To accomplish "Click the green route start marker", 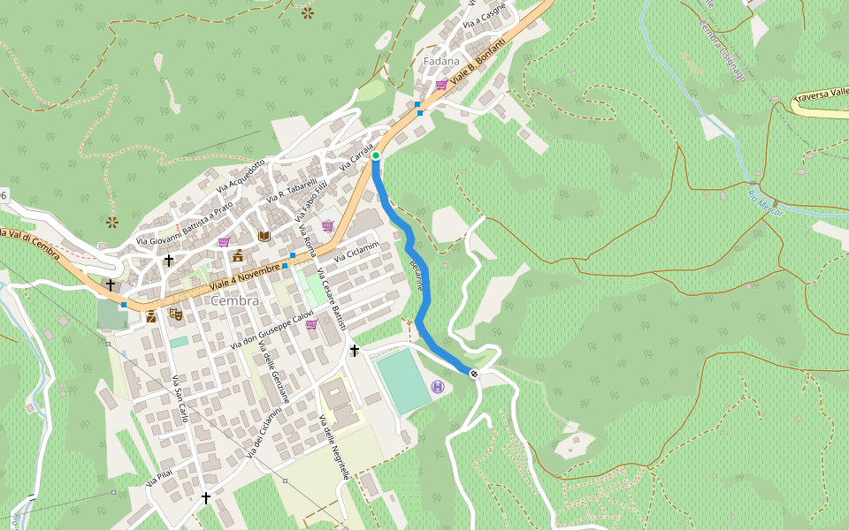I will click(x=375, y=155).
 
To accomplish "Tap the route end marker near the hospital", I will click(x=475, y=374).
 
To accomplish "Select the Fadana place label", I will click(x=441, y=61).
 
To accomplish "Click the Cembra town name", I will click(x=235, y=300).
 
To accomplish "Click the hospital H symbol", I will click(x=438, y=387).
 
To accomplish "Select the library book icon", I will click(x=264, y=236).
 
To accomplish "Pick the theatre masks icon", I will click(x=175, y=313).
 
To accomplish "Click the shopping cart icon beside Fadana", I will click(x=440, y=85).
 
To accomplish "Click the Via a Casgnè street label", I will click(x=488, y=16).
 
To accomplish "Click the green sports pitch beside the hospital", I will click(x=402, y=380).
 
